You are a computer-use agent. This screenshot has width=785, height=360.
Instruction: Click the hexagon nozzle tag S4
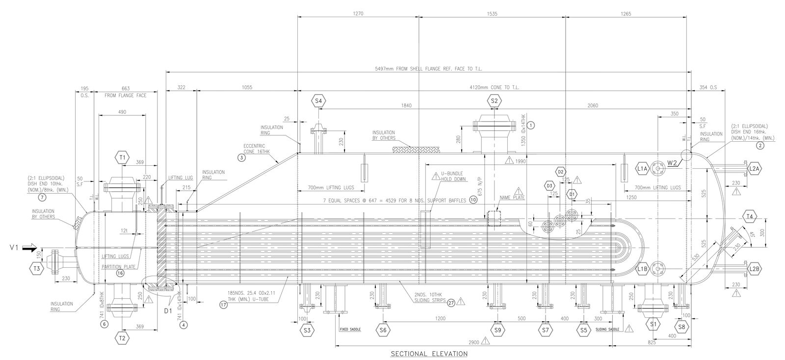[318, 101]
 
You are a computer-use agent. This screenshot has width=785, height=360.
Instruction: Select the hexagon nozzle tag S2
[494, 101]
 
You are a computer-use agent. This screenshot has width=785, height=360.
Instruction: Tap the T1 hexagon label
[122, 157]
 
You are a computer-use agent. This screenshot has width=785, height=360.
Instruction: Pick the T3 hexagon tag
[36, 268]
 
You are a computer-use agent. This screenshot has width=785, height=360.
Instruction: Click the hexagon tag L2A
[754, 169]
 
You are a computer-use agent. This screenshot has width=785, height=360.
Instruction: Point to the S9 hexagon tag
[498, 330]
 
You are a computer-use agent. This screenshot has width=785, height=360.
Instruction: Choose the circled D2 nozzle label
[561, 172]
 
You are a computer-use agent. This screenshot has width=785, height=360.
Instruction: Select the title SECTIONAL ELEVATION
[429, 353]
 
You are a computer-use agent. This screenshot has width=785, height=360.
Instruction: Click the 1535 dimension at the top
[492, 14]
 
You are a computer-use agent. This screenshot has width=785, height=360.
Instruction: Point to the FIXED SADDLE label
[350, 330]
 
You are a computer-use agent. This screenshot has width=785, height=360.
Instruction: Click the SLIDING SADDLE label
[607, 329]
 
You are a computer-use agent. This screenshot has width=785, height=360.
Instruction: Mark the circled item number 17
[224, 304]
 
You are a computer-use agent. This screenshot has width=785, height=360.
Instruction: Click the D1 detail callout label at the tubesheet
[166, 310]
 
